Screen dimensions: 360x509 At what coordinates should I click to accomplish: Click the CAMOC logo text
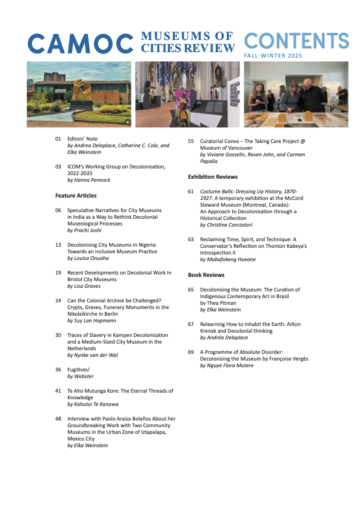(80, 43)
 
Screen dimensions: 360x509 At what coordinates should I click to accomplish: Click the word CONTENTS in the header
(296, 41)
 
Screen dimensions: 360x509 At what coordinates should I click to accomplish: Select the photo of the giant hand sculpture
(79, 94)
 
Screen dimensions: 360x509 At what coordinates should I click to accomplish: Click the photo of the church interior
(187, 94)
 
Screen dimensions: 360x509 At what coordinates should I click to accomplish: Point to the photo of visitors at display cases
(296, 94)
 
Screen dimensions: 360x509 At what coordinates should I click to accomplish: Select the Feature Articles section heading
(76, 196)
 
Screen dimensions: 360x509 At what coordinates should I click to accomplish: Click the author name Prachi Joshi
(87, 231)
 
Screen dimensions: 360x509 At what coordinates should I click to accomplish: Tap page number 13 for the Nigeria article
(58, 244)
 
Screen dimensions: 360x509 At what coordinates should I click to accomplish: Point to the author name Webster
(82, 376)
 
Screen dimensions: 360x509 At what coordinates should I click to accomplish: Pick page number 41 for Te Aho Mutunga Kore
(58, 391)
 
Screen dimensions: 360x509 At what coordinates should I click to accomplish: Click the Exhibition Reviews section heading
(213, 177)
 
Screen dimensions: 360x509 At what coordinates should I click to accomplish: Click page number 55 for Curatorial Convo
(191, 141)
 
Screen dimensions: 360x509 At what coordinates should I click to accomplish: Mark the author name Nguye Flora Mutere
(230, 365)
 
